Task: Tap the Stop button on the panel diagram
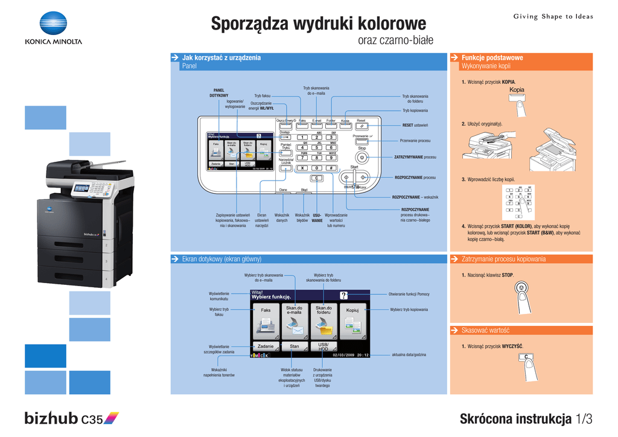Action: coord(362,157)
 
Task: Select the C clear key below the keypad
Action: coord(316,178)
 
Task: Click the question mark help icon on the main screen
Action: coord(344,295)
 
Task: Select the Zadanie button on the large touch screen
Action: coord(266,346)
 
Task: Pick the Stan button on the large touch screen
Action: coord(295,346)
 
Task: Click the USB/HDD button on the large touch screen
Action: coord(323,346)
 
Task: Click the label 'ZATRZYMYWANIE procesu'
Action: coord(415,157)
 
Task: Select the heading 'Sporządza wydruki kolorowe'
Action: coord(318,24)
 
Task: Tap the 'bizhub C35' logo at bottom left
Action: coord(72,418)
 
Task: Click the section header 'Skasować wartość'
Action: coord(486,330)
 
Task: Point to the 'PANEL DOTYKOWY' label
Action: coord(218,93)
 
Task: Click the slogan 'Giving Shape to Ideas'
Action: coord(553,16)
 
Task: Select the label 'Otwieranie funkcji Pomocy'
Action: coord(409,294)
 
